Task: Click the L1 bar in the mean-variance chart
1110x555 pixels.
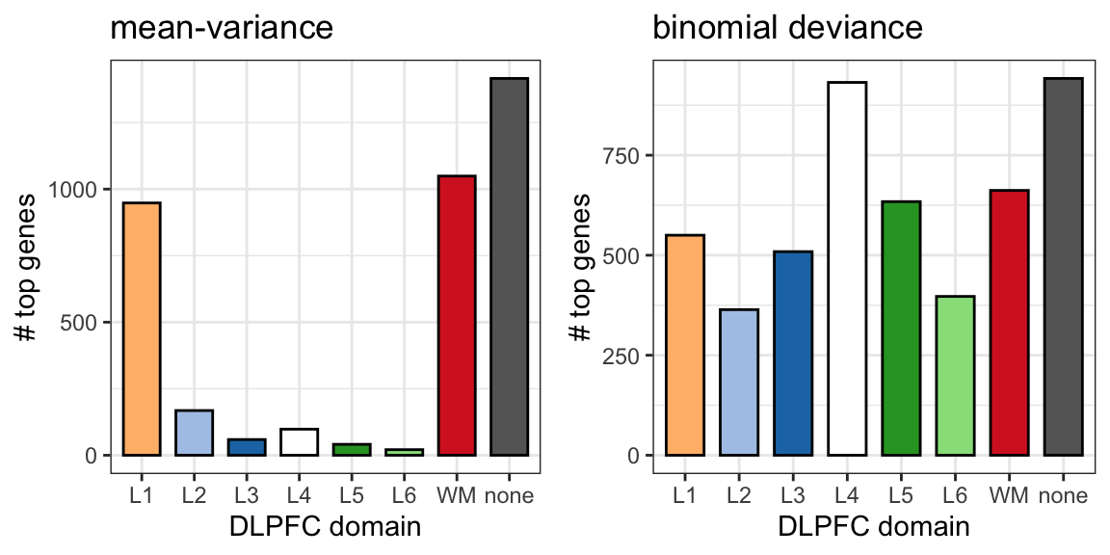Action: click(142, 329)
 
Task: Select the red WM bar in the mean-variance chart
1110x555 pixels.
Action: click(457, 315)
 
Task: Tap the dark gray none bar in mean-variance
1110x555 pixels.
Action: click(509, 267)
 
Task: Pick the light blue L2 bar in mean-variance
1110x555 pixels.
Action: click(194, 433)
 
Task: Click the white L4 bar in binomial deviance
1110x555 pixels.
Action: click(847, 268)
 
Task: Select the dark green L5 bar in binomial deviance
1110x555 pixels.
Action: click(901, 329)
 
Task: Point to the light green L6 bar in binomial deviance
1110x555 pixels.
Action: click(956, 375)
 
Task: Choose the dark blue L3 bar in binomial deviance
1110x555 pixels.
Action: click(793, 354)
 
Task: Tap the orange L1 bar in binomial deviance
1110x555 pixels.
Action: click(685, 345)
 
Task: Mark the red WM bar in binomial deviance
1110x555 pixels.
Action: click(1010, 323)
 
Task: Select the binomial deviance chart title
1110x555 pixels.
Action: click(787, 28)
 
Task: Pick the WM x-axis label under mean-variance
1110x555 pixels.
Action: click(457, 495)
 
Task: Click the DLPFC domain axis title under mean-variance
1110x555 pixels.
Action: click(325, 527)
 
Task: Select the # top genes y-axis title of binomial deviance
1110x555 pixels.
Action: click(579, 267)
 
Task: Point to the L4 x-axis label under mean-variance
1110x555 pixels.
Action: click(299, 495)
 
